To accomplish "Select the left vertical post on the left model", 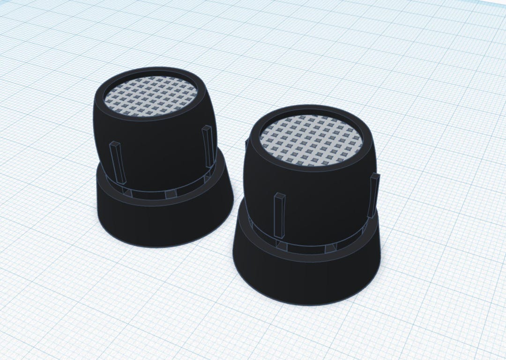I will click(x=118, y=163).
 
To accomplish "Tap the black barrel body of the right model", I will click(x=319, y=197).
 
